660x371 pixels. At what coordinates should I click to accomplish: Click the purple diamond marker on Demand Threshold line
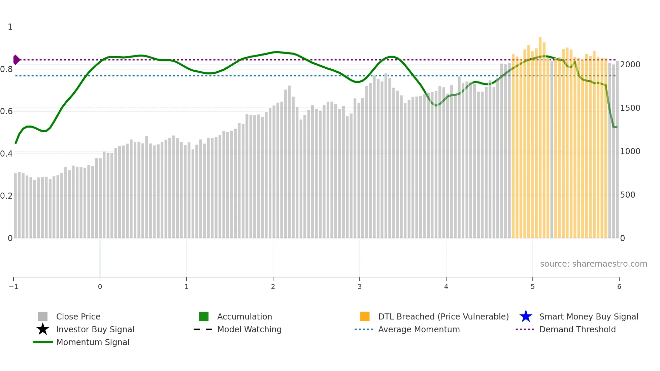point(16,60)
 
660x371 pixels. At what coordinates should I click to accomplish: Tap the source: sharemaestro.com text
point(593,264)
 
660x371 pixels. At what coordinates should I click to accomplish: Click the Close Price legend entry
point(78,317)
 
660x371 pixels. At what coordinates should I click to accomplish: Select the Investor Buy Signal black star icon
point(43,329)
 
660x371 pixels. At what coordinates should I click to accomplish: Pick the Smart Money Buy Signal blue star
point(526,316)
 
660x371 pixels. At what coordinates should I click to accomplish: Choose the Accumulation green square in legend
point(204,316)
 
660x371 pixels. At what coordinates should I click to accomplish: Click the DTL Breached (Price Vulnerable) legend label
point(443,317)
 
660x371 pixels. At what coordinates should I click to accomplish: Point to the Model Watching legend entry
point(249,330)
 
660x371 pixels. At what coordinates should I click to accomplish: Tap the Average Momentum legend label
point(419,330)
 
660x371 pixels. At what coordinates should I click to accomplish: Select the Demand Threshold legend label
point(577,330)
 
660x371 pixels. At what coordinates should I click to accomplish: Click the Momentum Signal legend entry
point(93,342)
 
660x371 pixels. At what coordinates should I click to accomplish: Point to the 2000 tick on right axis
point(630,65)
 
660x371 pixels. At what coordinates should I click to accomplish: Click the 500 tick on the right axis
point(628,195)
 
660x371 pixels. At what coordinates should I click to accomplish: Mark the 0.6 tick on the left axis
point(7,111)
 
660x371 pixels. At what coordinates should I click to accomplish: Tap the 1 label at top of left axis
point(10,27)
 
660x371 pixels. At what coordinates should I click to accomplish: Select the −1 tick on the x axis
point(13,287)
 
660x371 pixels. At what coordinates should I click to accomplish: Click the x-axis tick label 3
point(360,287)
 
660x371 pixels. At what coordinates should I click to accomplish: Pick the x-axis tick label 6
point(619,287)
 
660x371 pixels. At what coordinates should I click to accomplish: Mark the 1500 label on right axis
point(630,108)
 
